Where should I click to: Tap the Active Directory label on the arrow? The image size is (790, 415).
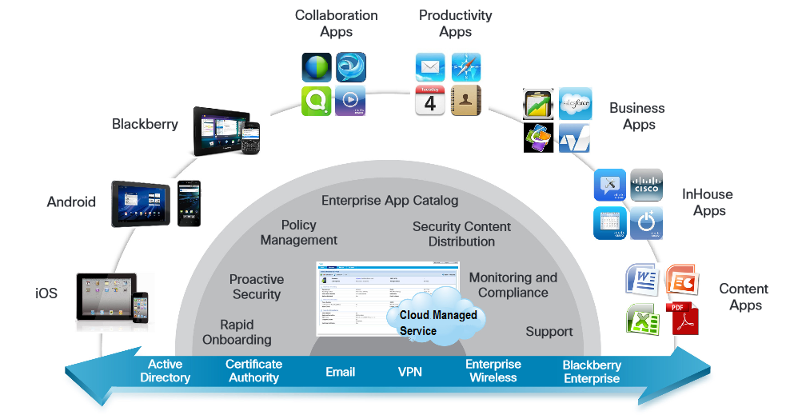tap(165, 370)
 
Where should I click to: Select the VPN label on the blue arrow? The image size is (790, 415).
tap(409, 372)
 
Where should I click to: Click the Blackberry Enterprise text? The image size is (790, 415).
tap(592, 372)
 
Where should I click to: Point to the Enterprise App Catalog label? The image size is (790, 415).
tap(389, 201)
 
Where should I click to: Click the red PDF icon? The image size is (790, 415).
tap(682, 317)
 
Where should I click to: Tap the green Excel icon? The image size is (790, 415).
tap(642, 318)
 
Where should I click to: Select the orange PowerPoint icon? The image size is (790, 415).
tap(682, 279)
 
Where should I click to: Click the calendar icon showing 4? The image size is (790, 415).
tap(429, 101)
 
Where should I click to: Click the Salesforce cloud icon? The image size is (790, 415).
tap(575, 103)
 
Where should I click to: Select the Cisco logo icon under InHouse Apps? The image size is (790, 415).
tap(646, 185)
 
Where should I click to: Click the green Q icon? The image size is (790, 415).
tap(317, 102)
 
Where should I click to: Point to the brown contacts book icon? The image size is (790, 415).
tap(466, 101)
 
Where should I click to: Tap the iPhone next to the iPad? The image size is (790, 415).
tap(141, 307)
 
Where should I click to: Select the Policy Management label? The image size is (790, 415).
tap(299, 233)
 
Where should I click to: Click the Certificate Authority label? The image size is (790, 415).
tap(253, 370)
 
